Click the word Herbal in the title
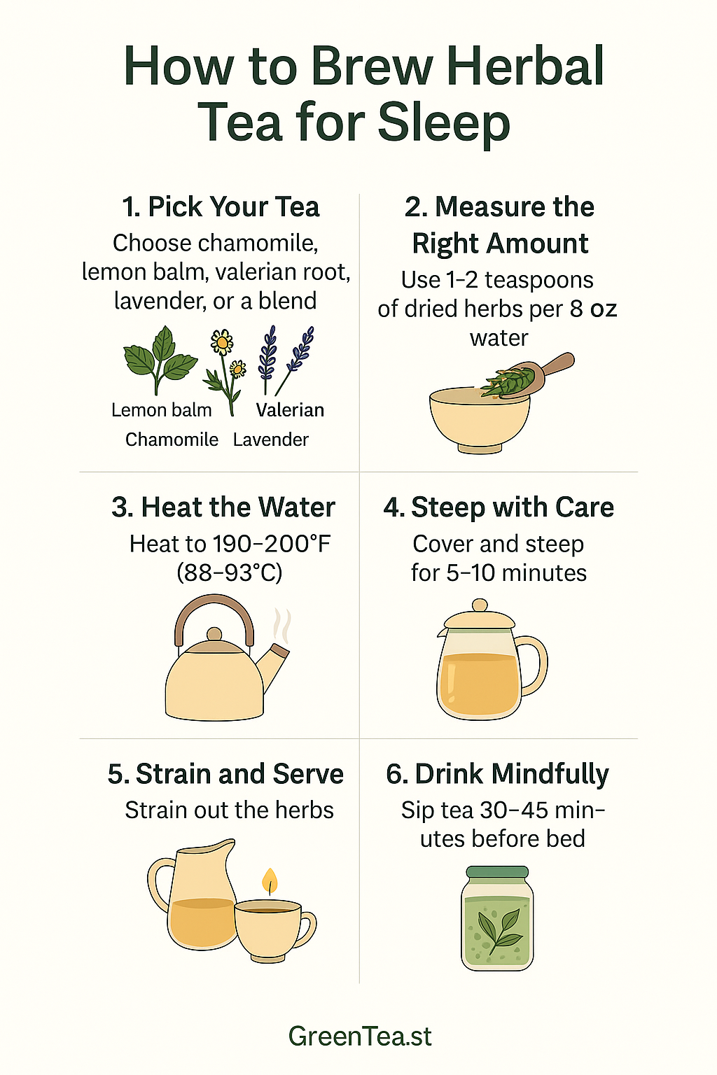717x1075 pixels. pos(524,66)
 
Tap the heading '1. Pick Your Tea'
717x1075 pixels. pos(221,207)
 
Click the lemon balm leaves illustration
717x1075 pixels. pos(160,358)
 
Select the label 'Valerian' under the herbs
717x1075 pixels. pos(290,410)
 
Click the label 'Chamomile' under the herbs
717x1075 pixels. pos(172,440)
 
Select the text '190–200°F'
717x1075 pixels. pos(272,544)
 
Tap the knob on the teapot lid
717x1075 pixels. pos(479,605)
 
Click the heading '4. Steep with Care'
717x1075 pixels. pos(499,507)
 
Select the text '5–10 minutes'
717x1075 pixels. pos(516,573)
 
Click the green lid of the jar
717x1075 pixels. pos(497,873)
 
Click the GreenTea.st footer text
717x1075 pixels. pos(360,1036)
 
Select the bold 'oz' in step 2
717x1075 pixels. pos(603,309)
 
